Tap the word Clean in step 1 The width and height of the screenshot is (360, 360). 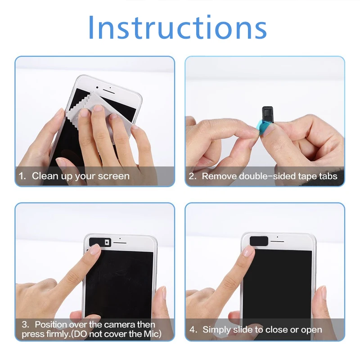(x=45, y=176)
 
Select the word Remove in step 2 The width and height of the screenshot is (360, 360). (x=219, y=176)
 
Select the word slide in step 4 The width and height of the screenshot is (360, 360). (x=247, y=329)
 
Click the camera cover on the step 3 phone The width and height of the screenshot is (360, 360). (x=100, y=242)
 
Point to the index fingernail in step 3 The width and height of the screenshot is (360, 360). (x=95, y=250)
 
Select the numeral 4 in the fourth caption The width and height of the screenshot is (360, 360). (x=192, y=329)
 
